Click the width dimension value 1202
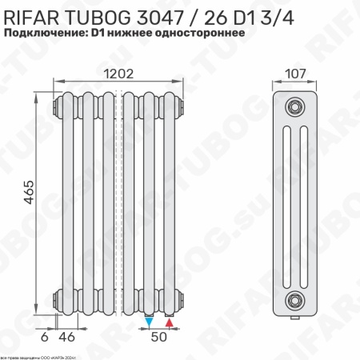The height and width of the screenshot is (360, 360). coord(118,73)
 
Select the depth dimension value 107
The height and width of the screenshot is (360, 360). coord(295,73)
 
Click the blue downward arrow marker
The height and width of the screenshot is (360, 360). coord(150,322)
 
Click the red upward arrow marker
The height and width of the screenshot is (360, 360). coord(169,322)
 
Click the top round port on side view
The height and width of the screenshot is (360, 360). coord(295,106)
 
